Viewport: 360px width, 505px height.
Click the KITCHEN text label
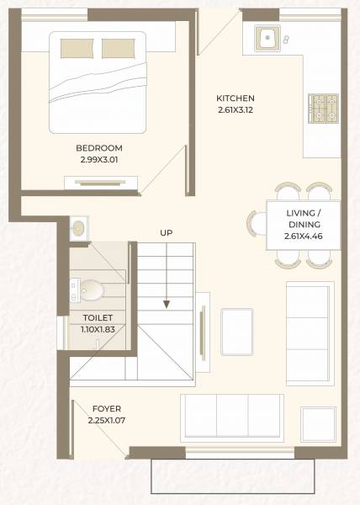point(235,98)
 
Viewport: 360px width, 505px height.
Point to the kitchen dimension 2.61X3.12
point(235,109)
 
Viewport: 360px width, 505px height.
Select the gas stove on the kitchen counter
point(320,109)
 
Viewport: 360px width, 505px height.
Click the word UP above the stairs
point(167,231)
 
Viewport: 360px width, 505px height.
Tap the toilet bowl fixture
point(92,291)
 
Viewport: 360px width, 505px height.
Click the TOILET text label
point(98,317)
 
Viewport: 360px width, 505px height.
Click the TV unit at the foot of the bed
point(98,180)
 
